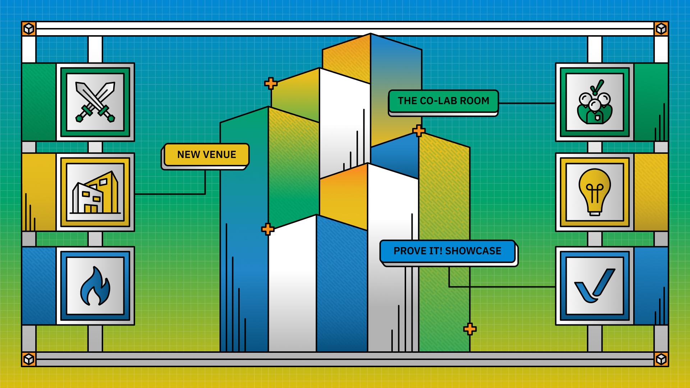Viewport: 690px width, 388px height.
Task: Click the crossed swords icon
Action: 95,102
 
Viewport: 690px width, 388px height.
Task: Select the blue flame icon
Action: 95,286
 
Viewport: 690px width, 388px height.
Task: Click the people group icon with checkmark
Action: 595,102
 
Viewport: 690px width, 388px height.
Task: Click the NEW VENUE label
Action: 207,155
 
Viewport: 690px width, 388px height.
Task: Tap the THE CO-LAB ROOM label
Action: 443,101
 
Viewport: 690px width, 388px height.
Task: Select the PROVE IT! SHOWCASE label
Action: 447,251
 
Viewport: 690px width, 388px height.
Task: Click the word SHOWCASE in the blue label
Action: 473,251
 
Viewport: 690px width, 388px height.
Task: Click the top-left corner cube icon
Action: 29,28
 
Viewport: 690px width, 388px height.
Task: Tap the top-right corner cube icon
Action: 661,28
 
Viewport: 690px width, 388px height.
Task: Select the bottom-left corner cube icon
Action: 29,359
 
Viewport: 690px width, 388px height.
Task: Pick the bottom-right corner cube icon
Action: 661,359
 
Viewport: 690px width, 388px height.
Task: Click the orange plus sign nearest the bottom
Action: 470,329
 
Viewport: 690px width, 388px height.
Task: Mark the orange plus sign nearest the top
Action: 271,83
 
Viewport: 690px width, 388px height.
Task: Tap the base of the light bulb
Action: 595,212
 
